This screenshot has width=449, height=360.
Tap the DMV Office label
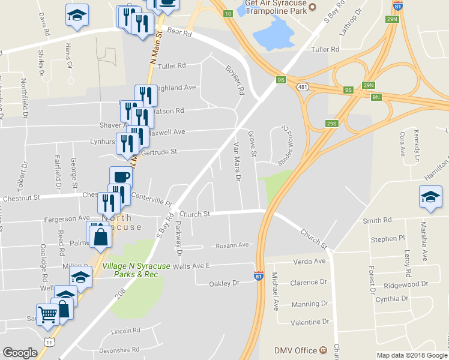click(295, 350)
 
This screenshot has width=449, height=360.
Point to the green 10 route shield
click(227, 13)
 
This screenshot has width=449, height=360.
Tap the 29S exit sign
click(331, 123)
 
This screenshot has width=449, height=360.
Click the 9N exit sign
click(376, 97)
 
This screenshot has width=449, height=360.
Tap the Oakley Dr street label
click(224, 283)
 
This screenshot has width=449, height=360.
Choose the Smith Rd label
click(377, 220)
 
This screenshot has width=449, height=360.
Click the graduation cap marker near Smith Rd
click(430, 197)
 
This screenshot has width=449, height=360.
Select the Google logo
click(20, 353)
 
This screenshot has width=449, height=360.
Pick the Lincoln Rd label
click(125, 331)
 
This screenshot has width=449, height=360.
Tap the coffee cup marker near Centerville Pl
click(121, 177)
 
